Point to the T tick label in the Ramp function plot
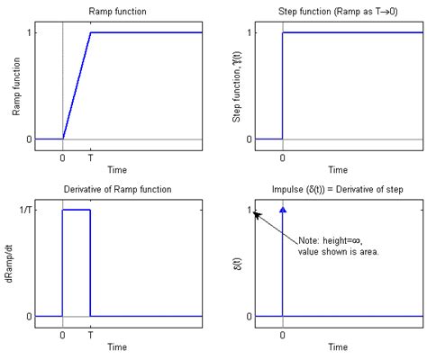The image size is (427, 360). click(x=91, y=156)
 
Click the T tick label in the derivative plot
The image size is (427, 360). click(x=91, y=332)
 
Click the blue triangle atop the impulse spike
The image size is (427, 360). click(x=283, y=210)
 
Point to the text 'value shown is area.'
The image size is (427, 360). click(x=341, y=253)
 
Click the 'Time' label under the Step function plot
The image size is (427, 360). click(x=338, y=168)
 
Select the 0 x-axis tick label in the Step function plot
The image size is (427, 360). click(x=283, y=156)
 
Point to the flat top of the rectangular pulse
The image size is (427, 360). click(x=77, y=210)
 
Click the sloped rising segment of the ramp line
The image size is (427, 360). click(x=77, y=86)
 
